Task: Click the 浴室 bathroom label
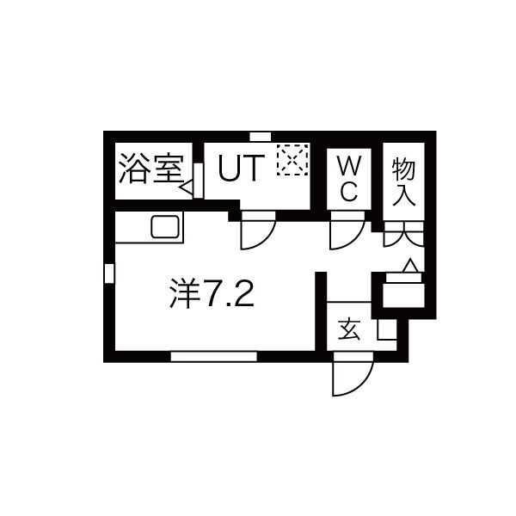pos(151,169)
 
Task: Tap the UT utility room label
pos(242,169)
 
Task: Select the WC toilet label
pos(349,178)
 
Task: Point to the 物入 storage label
pos(403,181)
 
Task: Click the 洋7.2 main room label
pos(212,292)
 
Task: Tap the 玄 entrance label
pos(349,329)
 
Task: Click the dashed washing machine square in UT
pos(293,160)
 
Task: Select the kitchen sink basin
pos(165,227)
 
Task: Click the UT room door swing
pos(258,230)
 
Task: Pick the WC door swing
pos(347,230)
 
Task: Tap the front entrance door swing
pos(353,374)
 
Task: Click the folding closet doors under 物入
pos(404,234)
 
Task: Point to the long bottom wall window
pos(214,356)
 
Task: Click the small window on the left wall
pos(109,273)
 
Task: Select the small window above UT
pos(261,136)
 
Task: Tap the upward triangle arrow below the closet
pos(410,266)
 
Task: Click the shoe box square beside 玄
pos(387,329)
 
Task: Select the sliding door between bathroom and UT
pos(198,181)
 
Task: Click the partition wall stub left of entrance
pos(321,311)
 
